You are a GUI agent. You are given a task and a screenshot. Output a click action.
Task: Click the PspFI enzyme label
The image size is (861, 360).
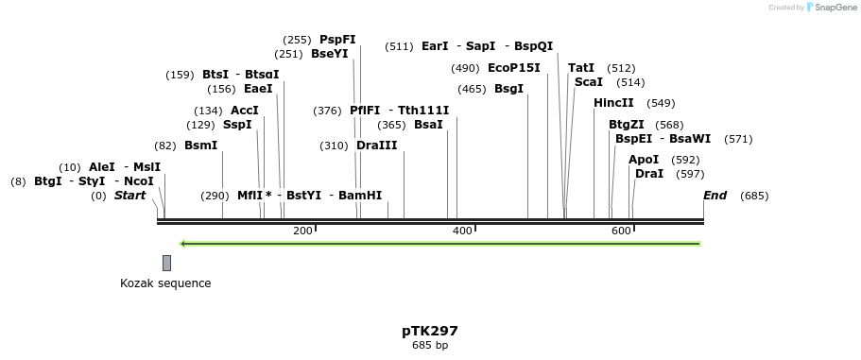point(337,40)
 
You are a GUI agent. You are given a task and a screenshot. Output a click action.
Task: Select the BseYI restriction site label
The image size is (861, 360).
point(329,54)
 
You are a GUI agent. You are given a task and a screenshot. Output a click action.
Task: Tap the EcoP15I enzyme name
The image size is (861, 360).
point(514,68)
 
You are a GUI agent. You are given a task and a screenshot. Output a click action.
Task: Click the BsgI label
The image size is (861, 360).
point(508,89)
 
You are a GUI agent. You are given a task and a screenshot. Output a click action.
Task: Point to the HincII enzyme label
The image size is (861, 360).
point(613,103)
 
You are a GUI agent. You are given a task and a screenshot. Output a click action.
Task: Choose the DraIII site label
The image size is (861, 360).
point(376,146)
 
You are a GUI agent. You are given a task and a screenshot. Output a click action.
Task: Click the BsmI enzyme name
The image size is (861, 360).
point(200,146)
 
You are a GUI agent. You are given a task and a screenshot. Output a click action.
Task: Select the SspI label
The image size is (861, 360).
point(237,125)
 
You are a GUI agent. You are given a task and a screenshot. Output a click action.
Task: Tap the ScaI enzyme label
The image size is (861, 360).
point(588,82)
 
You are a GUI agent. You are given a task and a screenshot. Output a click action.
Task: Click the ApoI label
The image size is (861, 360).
point(644,160)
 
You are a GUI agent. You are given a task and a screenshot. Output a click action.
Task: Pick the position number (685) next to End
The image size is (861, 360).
point(754,196)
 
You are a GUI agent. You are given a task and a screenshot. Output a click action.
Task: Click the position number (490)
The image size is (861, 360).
point(465,68)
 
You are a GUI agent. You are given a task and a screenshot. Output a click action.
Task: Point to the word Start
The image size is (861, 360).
point(130,196)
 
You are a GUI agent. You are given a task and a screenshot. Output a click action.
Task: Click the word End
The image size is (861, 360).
point(715,196)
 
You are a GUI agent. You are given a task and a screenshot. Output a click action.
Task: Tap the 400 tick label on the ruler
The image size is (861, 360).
point(462,231)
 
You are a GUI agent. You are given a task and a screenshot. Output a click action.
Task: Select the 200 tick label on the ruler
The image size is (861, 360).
point(302,231)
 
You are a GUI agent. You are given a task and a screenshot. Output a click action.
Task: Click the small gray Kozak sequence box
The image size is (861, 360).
point(166,263)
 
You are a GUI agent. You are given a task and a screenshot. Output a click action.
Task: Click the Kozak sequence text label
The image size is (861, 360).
point(165,283)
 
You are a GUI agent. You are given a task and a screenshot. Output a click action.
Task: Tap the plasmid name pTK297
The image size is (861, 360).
point(430,331)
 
